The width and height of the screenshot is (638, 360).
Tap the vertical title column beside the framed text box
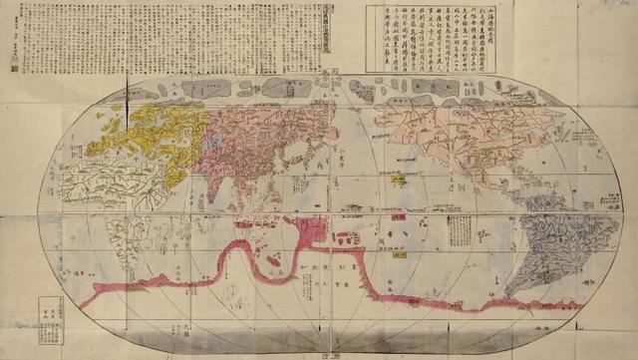(x=357, y=36)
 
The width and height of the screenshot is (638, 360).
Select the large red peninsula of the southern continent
(x=311, y=233)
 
